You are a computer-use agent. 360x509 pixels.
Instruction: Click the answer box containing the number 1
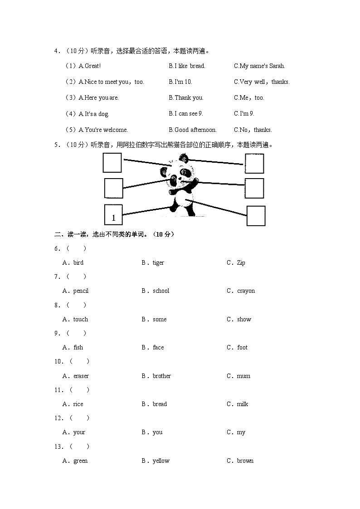(113, 215)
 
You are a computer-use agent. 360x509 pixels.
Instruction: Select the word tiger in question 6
(158, 263)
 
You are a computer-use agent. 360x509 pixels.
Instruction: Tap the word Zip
(241, 263)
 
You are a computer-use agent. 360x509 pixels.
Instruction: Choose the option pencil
(81, 291)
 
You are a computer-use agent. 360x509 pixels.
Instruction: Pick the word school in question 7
(161, 291)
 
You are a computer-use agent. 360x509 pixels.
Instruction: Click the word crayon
(246, 291)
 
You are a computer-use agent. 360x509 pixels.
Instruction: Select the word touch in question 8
(81, 320)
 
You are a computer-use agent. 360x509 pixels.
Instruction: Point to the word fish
(78, 348)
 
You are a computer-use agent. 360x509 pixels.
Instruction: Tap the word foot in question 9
(243, 348)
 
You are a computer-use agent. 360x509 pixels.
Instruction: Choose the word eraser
(81, 376)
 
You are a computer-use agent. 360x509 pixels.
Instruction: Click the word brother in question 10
(162, 376)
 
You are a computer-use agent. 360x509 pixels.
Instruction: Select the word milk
(243, 404)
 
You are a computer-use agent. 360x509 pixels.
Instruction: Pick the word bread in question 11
(160, 404)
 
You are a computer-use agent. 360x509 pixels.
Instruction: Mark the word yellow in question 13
(161, 461)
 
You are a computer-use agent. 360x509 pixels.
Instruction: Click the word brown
(245, 461)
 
